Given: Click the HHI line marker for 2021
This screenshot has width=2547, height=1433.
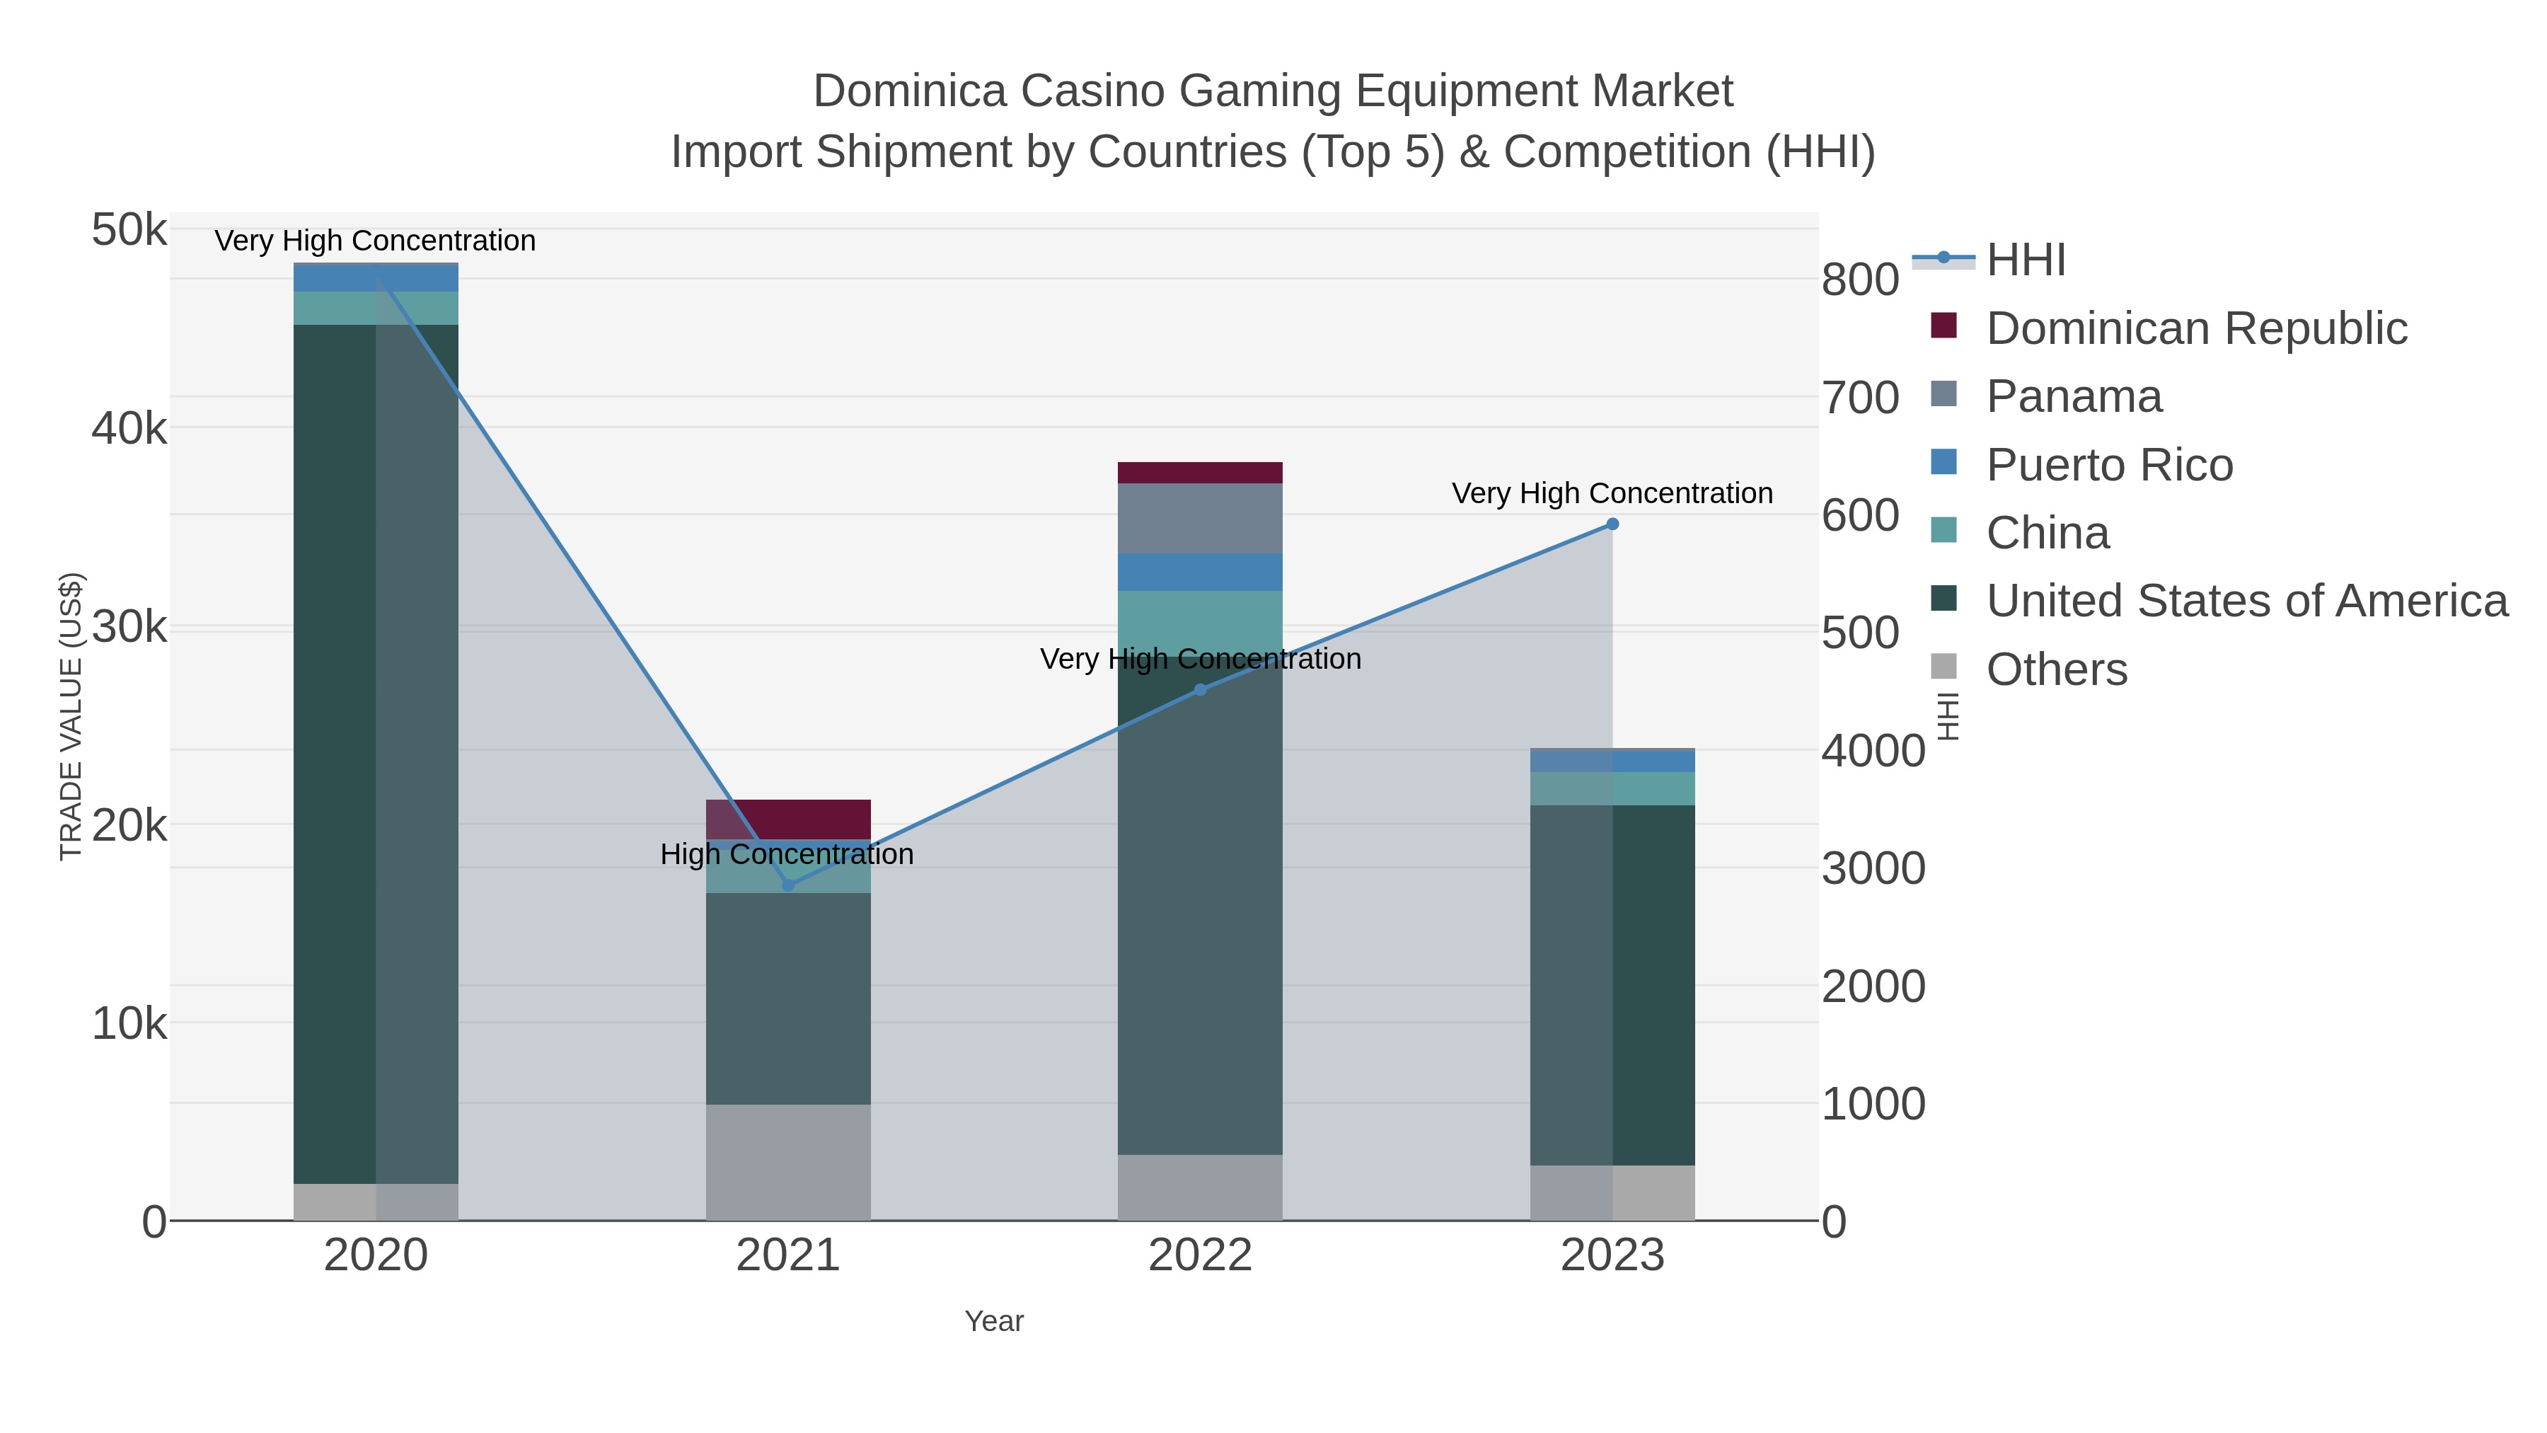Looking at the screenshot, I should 788,884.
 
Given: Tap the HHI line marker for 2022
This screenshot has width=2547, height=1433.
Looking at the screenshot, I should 1201,689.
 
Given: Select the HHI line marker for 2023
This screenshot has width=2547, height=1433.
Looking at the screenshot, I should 1612,524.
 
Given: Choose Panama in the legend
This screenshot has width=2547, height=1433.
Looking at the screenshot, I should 2074,396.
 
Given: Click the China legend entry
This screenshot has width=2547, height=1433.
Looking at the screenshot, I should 2047,533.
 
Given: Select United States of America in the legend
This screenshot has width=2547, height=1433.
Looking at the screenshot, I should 2246,602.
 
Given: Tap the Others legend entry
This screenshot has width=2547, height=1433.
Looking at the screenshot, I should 2057,669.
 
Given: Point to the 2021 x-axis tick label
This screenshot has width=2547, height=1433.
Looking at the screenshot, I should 788,1256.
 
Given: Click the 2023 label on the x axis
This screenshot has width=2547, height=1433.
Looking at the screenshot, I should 1612,1256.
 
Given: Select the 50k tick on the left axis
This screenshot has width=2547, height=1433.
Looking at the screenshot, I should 129,231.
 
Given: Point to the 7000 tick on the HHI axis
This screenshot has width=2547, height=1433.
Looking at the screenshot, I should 1860,398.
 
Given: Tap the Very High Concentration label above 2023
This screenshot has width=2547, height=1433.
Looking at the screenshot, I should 1612,493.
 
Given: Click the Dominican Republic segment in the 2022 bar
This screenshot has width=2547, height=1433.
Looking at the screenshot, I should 1201,473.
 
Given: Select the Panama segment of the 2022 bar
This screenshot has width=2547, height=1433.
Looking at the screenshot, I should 1201,518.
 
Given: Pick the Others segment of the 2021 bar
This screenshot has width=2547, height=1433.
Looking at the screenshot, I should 788,1162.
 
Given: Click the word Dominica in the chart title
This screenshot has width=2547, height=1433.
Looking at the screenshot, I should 910,91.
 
